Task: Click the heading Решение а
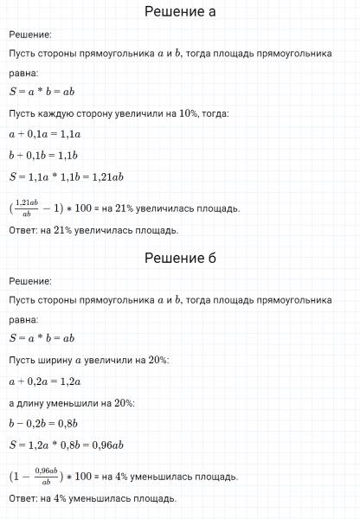click(179, 12)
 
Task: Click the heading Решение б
click(179, 259)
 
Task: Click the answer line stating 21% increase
click(93, 230)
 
